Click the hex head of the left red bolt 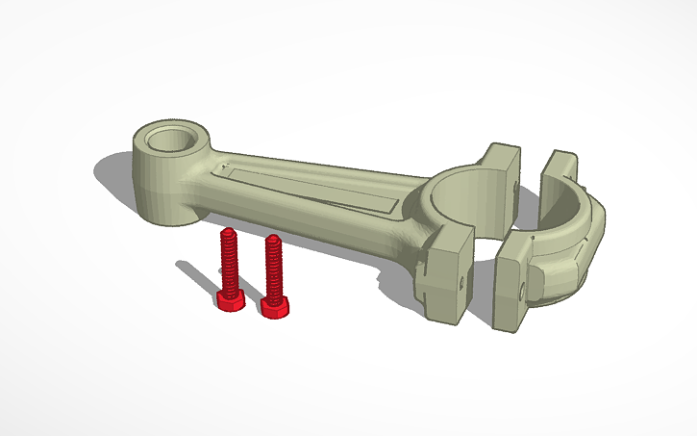click(x=230, y=301)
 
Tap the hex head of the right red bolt click(x=277, y=306)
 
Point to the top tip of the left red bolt click(x=228, y=232)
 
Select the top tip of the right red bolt click(x=273, y=238)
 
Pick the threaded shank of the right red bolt click(x=274, y=269)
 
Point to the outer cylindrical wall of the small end click(x=159, y=188)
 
